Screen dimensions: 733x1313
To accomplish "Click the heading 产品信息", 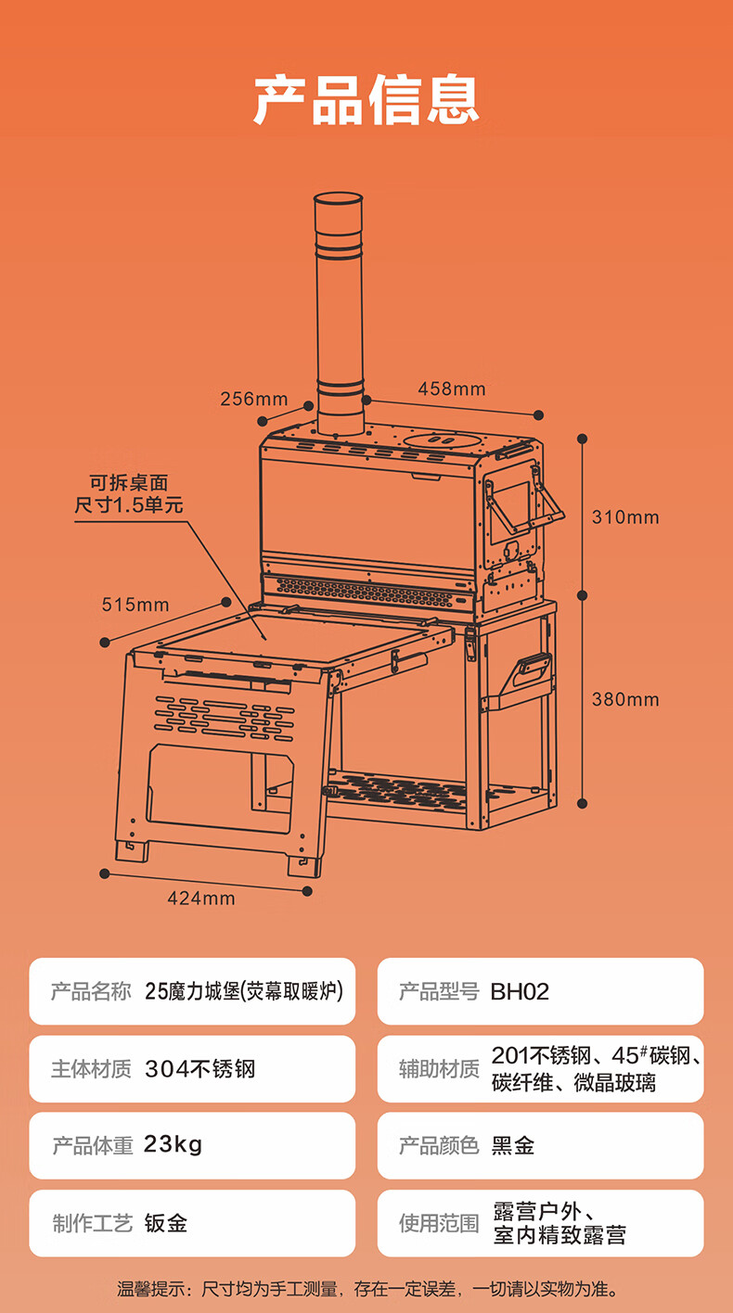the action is click(366, 99).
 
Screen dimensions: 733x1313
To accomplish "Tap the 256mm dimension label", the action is click(253, 400).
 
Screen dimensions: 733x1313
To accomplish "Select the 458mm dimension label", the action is click(451, 389).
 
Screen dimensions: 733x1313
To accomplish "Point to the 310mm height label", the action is click(625, 516).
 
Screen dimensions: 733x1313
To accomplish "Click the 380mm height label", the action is click(625, 699).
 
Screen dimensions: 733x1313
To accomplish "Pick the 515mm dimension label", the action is click(135, 606).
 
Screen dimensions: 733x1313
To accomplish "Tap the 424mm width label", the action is click(201, 898).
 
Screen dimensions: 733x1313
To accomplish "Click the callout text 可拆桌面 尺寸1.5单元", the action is click(129, 494).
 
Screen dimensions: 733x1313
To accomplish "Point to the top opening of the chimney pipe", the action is click(338, 199).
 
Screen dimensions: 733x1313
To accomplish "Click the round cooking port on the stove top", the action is click(444, 439).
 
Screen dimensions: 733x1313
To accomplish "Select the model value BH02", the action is click(520, 992).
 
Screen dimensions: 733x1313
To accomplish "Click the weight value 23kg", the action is click(174, 1145).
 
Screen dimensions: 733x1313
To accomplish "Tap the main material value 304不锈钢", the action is click(199, 1069).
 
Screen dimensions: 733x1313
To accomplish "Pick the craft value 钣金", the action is click(166, 1223).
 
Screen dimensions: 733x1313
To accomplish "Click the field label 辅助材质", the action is click(439, 1069).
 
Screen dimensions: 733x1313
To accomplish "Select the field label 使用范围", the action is click(439, 1224).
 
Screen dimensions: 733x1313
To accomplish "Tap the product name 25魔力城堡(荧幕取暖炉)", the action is click(244, 991).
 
